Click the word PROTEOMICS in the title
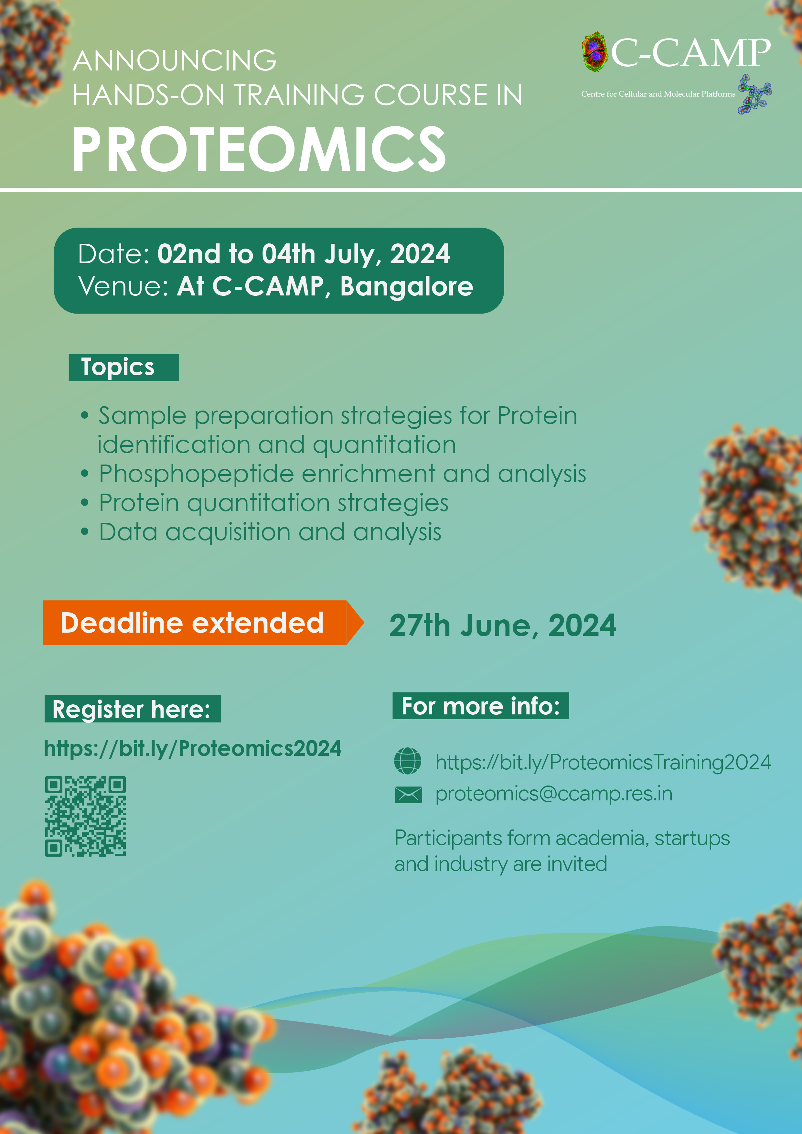259,149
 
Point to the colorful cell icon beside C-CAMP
594,51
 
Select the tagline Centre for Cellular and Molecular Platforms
658,94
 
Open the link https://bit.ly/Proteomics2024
193,748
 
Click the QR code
85,816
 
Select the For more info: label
480,706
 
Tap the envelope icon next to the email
408,795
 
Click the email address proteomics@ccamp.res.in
554,794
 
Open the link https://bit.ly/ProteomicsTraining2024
603,763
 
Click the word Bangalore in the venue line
407,286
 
